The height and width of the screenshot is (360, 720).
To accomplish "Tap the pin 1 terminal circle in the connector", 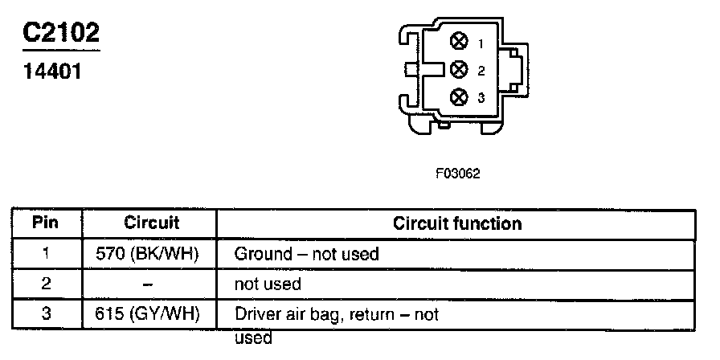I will [460, 42].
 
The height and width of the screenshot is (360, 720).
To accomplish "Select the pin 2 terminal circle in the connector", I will [460, 69].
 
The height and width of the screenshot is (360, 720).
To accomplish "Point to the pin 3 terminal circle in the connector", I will [460, 97].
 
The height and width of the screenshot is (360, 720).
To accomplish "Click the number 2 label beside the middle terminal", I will [481, 71].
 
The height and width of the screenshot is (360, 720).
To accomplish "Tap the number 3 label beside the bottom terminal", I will [481, 98].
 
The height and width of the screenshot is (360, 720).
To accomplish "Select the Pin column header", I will [45, 223].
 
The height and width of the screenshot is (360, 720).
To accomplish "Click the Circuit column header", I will [151, 223].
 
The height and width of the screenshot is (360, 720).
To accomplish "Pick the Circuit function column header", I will [457, 223].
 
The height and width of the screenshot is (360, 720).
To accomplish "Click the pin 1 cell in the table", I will [45, 254].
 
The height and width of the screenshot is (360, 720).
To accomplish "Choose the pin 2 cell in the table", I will [45, 284].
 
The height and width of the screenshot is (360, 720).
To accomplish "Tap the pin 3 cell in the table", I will [45, 314].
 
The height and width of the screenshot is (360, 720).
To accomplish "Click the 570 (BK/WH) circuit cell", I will [151, 254].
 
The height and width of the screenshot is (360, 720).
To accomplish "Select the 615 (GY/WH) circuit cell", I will [151, 314].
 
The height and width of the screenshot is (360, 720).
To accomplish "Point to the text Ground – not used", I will [306, 254].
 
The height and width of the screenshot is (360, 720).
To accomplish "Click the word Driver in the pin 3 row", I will [254, 314].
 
